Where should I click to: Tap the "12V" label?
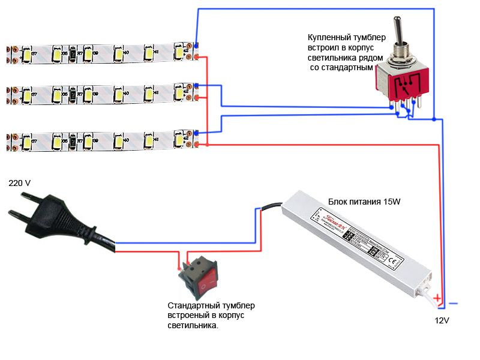(x=442, y=321)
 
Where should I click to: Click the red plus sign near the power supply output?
(x=437, y=298)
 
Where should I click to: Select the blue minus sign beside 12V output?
(x=454, y=303)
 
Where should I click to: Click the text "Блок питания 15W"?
(x=364, y=202)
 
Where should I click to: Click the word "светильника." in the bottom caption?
(x=193, y=325)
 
